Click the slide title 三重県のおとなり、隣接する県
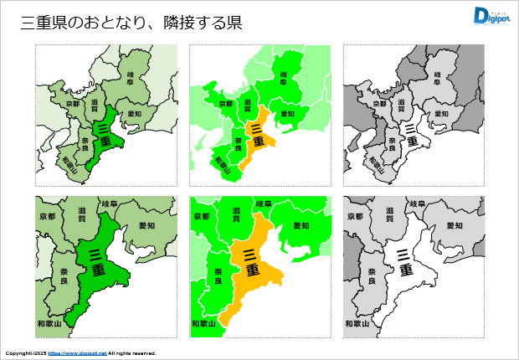pyautogui.click(x=131, y=23)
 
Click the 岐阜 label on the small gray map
pyautogui.click(x=438, y=80)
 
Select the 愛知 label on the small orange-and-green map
pyautogui.click(x=287, y=114)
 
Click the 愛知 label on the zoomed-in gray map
pyautogui.click(x=455, y=226)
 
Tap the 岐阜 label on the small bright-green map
pyautogui.click(x=284, y=80)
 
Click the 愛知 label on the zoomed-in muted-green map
pyautogui.click(x=146, y=226)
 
